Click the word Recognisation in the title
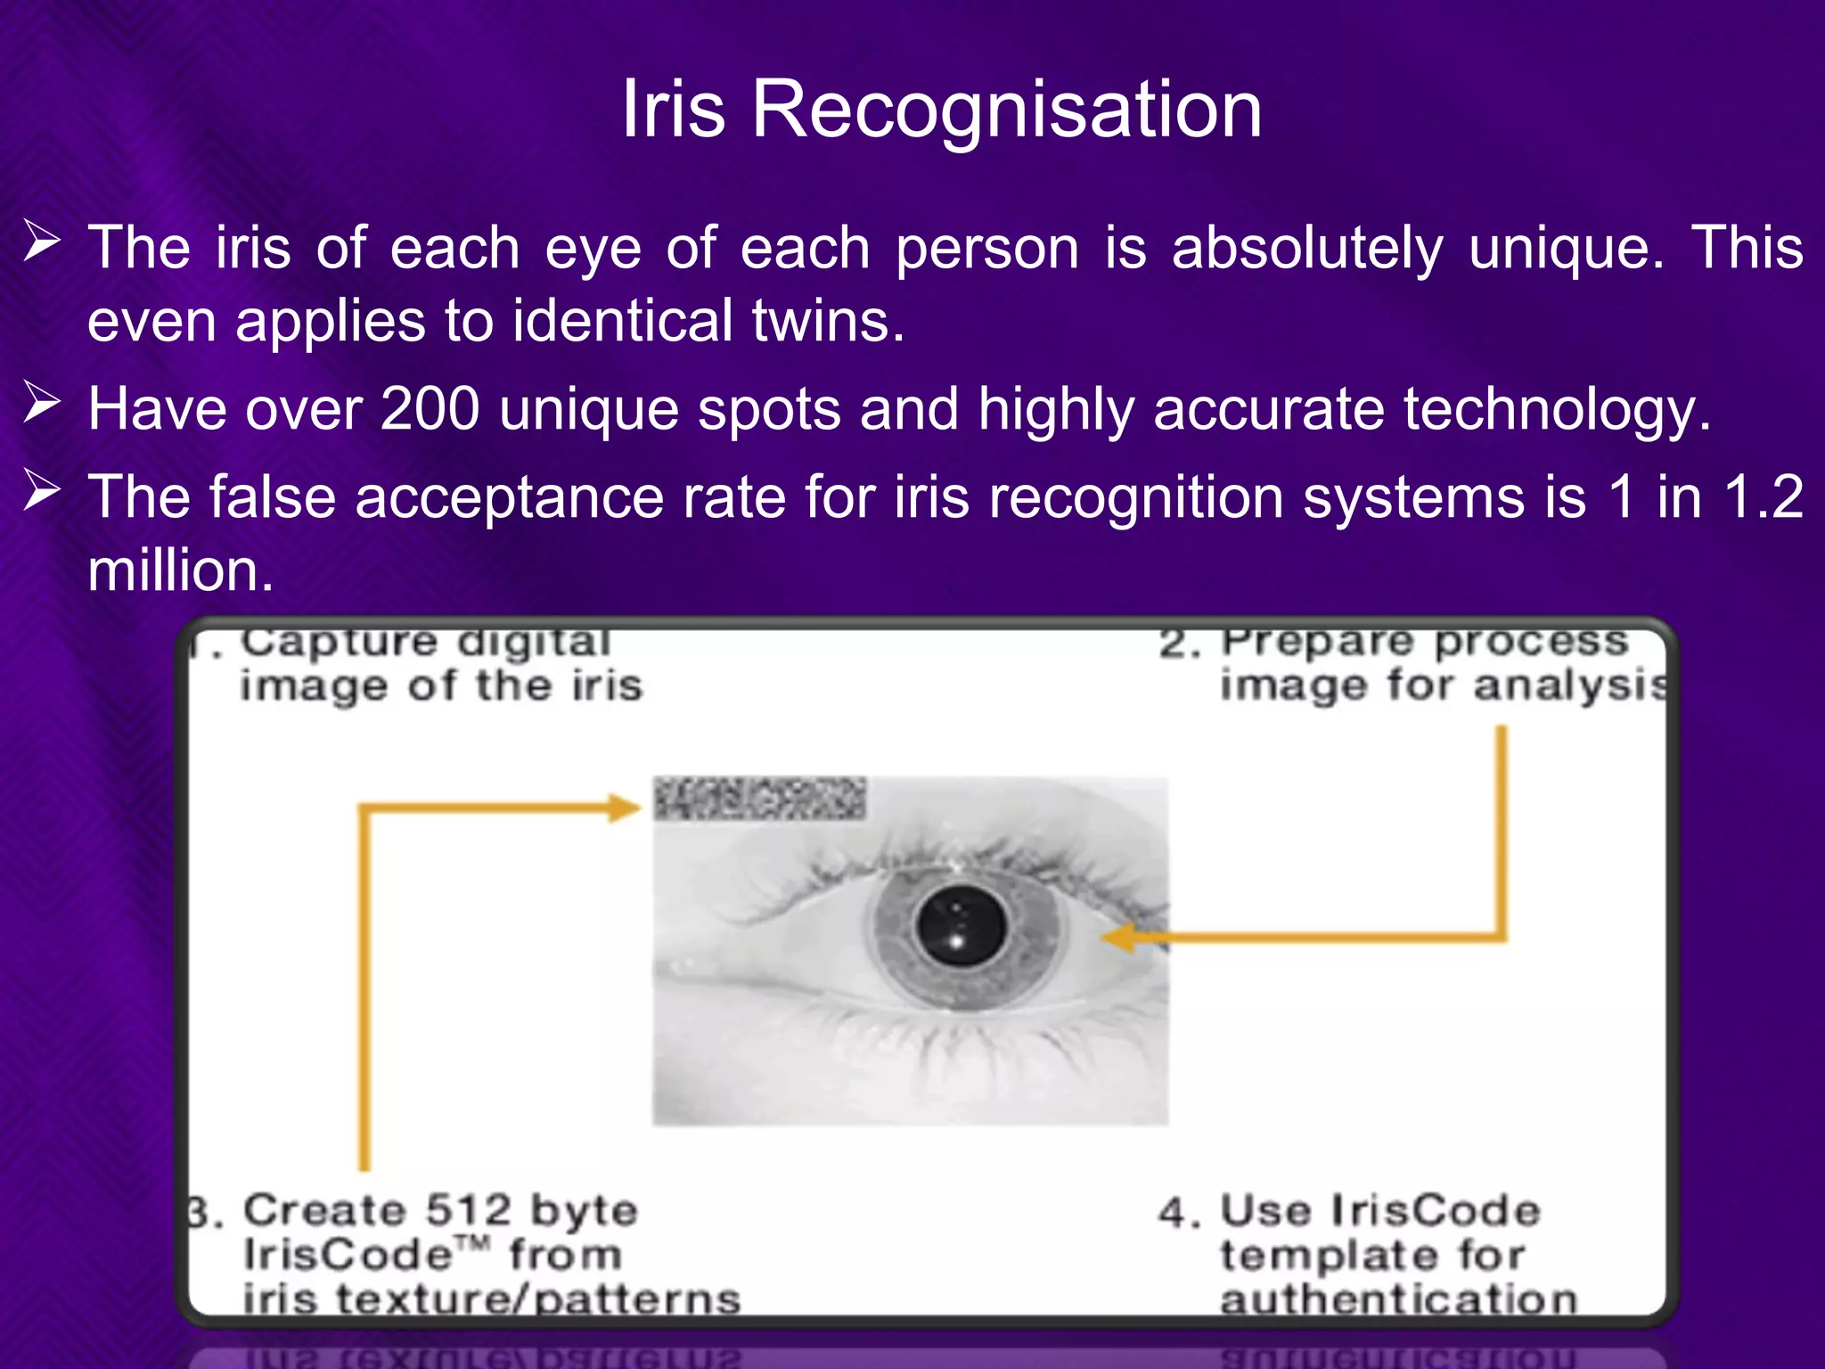click(1007, 110)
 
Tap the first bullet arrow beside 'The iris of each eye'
click(42, 242)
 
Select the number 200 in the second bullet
click(430, 409)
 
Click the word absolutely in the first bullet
click(1307, 248)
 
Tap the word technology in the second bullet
click(1556, 411)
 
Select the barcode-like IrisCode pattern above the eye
click(759, 799)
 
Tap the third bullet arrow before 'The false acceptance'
click(42, 491)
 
